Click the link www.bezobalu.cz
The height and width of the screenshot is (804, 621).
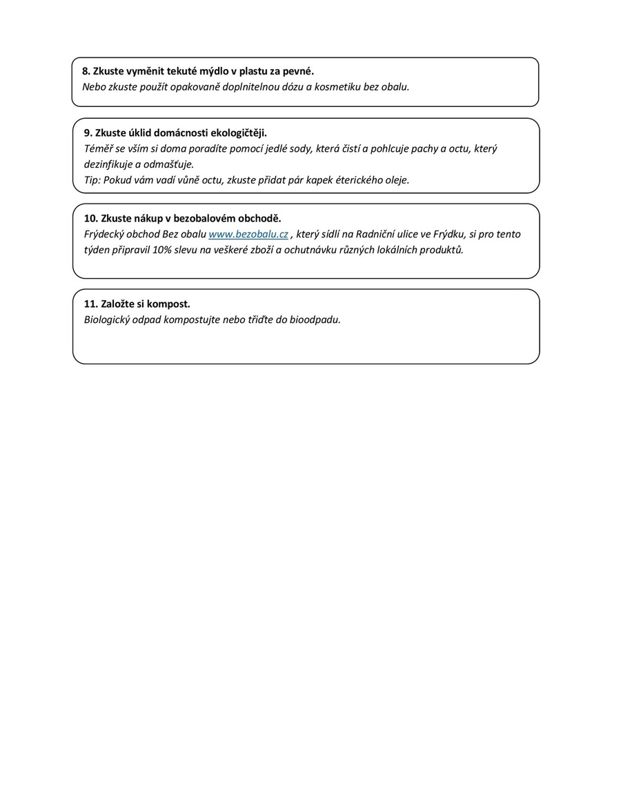tap(248, 234)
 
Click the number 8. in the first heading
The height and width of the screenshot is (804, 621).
tap(86, 71)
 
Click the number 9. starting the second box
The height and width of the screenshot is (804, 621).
tap(88, 133)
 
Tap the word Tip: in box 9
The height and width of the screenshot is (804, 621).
tap(92, 180)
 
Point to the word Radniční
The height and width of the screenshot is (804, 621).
tap(375, 234)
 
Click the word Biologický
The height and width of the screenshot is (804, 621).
tap(108, 320)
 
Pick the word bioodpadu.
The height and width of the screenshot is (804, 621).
tap(317, 320)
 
